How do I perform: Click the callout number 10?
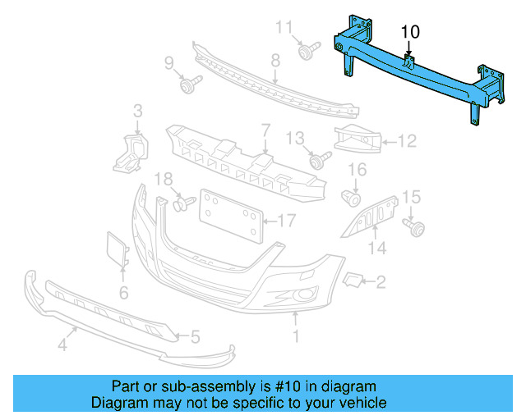pos(410,31)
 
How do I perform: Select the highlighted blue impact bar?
pos(411,74)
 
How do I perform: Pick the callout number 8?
pos(275,60)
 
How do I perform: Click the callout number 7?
pos(265,130)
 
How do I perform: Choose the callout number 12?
pos(408,141)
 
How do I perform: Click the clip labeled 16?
pos(352,197)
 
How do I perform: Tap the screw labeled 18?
pos(183,201)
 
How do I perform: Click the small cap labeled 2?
pos(353,281)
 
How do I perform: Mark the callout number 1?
pos(296,336)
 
